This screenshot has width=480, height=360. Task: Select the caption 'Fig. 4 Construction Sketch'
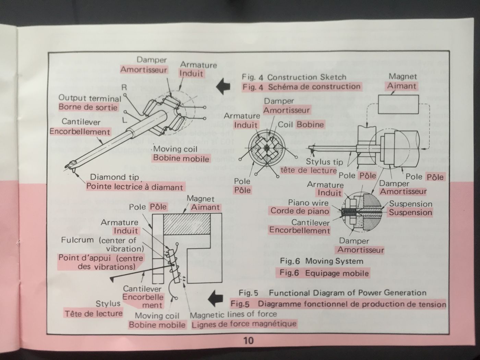click(294, 77)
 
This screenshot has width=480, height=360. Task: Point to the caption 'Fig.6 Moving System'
click(321, 261)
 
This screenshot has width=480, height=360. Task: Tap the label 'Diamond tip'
click(115, 177)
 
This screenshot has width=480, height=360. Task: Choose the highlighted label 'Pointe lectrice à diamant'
click(135, 187)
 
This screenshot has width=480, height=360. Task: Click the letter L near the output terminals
click(124, 120)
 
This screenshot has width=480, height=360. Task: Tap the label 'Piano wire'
click(308, 203)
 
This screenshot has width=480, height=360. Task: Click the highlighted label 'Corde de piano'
click(300, 211)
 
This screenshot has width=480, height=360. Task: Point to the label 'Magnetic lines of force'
click(233, 314)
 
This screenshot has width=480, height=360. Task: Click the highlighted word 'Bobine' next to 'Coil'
click(310, 124)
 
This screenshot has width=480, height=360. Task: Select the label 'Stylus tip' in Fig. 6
click(324, 162)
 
